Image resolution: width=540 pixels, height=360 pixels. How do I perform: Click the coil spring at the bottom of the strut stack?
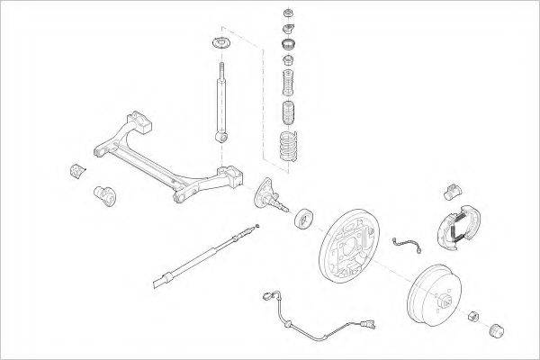[x=287, y=147]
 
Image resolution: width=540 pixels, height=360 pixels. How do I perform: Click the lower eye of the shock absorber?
[x=219, y=136]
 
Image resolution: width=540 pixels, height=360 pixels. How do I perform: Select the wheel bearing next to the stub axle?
[x=303, y=218]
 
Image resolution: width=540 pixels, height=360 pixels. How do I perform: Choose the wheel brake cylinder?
[x=454, y=190]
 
